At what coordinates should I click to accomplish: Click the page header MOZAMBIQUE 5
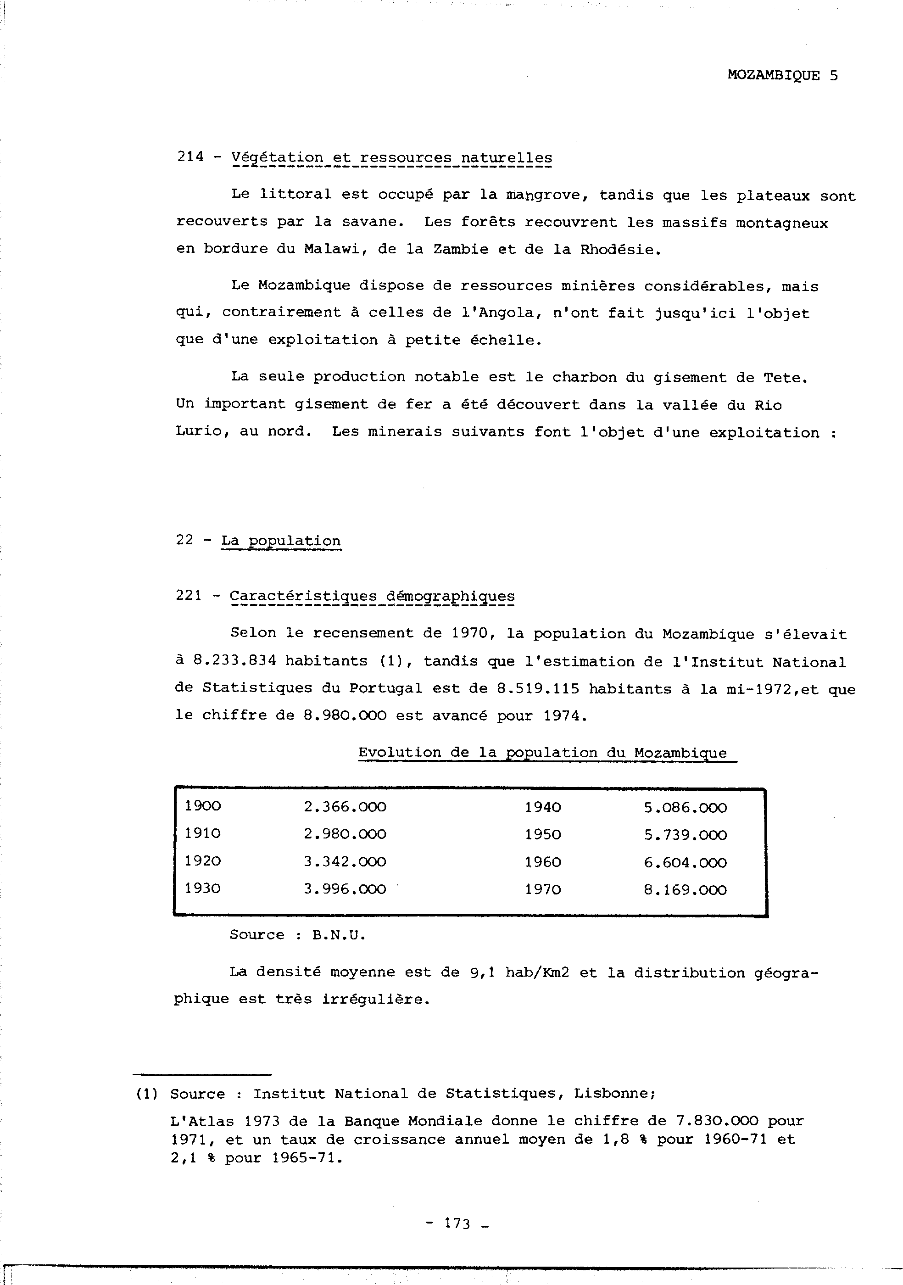[782, 76]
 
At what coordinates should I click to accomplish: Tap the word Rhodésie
[619, 250]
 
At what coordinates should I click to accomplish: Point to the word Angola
[511, 313]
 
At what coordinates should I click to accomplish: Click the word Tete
[785, 378]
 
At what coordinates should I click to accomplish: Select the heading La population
[281, 541]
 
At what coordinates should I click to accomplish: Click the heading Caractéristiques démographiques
[372, 596]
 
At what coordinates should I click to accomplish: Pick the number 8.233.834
[234, 661]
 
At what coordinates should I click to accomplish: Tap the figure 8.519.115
[538, 688]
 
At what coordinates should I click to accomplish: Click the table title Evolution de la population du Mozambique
[542, 753]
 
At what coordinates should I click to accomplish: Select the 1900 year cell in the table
[202, 806]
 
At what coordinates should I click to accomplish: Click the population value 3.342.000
[345, 861]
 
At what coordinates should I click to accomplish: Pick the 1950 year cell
[542, 834]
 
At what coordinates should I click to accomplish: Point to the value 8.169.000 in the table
[685, 889]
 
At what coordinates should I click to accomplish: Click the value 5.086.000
[685, 808]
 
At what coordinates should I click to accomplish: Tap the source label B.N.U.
[339, 935]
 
